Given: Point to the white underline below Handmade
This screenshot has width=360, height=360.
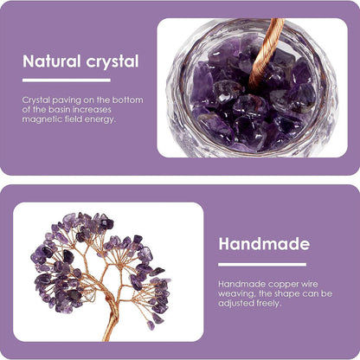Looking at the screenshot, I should point(262,265).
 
